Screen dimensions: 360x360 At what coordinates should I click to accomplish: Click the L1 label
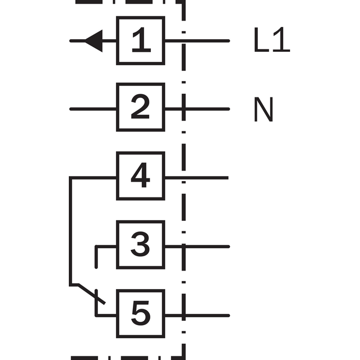pos(272,40)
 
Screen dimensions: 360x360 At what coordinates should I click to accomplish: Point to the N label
pos(264,109)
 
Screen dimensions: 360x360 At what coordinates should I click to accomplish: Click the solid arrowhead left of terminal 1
pos(94,41)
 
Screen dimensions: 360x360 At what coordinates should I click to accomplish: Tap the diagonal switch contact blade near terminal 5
pos(92,294)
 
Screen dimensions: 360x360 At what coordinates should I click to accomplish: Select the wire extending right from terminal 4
pos(197,178)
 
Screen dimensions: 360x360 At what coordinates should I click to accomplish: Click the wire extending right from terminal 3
pos(197,247)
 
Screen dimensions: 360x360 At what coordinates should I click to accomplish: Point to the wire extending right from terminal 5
pos(197,316)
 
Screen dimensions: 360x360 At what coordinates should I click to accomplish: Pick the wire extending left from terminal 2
pos(93,109)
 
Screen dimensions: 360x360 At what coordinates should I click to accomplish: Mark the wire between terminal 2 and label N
pos(197,109)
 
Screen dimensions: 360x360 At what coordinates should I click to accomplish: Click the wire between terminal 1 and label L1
pos(197,41)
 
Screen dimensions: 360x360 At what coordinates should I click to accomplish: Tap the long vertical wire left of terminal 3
pos(70,231)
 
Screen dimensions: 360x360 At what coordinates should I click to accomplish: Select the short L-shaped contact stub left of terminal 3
pos(96,247)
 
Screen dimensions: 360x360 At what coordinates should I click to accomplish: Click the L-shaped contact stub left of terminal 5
pos(96,315)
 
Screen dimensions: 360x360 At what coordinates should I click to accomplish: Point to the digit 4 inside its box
pos(140,175)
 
